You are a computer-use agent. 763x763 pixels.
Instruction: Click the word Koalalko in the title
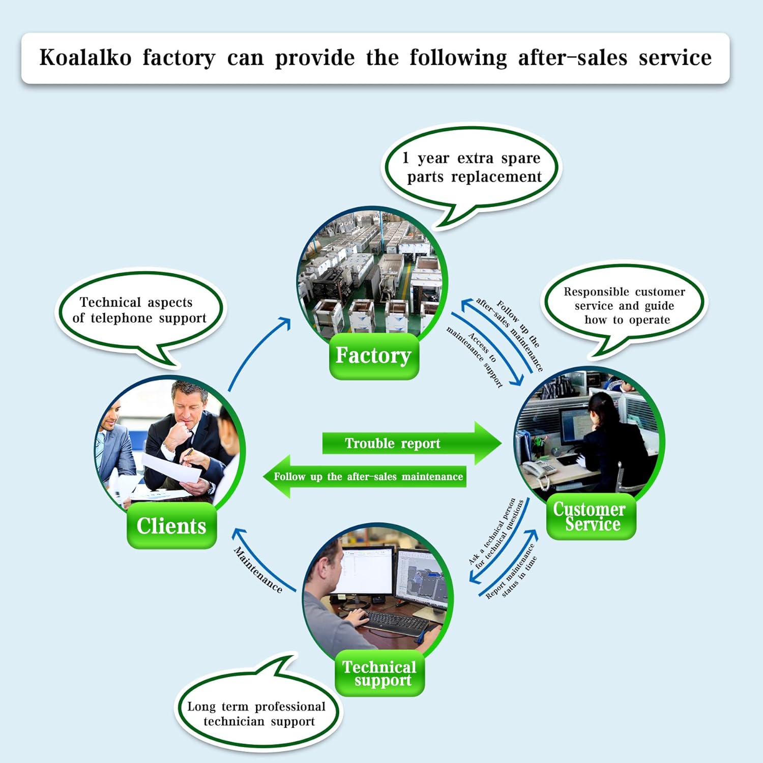(85, 57)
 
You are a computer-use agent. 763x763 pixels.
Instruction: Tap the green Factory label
(374, 356)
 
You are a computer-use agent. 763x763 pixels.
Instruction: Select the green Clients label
(171, 525)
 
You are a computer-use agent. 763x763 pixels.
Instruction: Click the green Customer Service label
(591, 516)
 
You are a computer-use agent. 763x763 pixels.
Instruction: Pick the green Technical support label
(379, 673)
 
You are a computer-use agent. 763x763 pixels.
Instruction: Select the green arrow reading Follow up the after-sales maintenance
(364, 477)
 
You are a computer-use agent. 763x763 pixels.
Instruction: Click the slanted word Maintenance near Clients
(258, 569)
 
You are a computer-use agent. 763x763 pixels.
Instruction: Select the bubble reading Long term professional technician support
(257, 710)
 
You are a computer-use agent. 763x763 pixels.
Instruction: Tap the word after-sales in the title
(572, 57)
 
